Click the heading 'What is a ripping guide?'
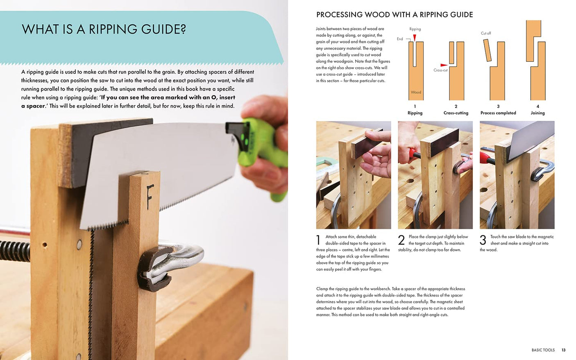[104, 29]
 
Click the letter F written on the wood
[150, 197]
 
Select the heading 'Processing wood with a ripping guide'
[394, 15]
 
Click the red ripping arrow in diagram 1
[414, 38]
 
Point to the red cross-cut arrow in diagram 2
[444, 65]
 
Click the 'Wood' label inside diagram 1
[416, 92]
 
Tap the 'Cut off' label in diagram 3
[485, 33]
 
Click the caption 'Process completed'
[498, 113]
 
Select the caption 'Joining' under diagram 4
[537, 113]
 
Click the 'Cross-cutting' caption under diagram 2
[456, 113]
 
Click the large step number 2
[401, 240]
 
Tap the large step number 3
[483, 240]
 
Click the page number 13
[563, 350]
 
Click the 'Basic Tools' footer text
[543, 350]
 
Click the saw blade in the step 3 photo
[522, 143]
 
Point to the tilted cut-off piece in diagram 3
[488, 50]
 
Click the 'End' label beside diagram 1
[400, 39]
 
